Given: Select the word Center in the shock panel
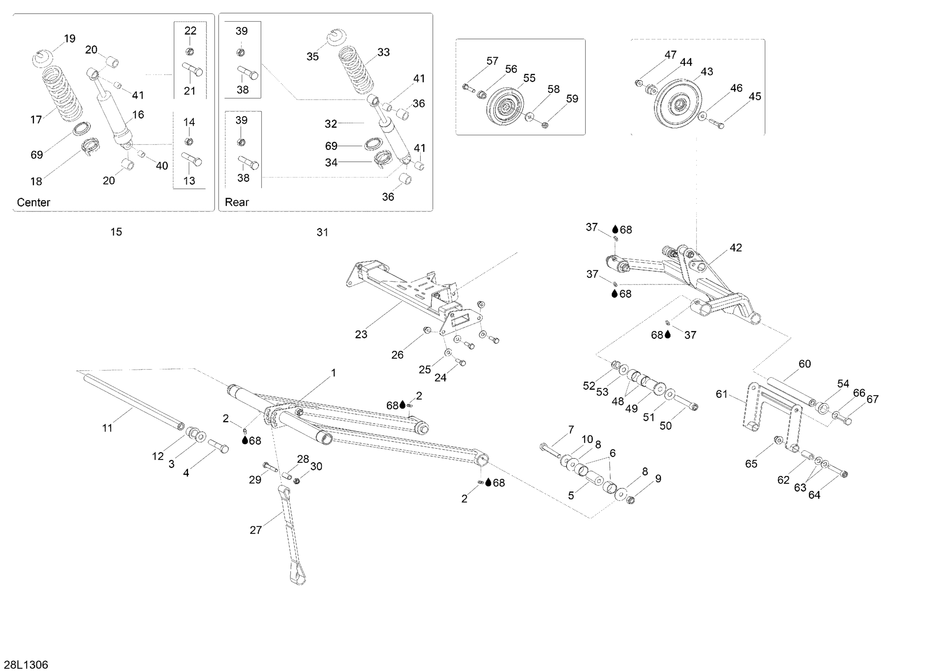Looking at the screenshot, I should tap(34, 202).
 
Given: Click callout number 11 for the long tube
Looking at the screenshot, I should tap(107, 428).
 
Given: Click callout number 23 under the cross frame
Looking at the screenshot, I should tap(361, 334).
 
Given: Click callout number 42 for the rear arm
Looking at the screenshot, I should tap(736, 248).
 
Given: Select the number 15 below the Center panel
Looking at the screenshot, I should tap(116, 232).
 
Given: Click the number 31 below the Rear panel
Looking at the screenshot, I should tap(322, 232).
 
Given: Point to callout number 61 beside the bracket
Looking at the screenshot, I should tap(722, 394).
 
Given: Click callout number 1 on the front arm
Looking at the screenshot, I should tap(333, 373).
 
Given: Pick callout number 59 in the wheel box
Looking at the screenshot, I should tap(572, 99).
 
